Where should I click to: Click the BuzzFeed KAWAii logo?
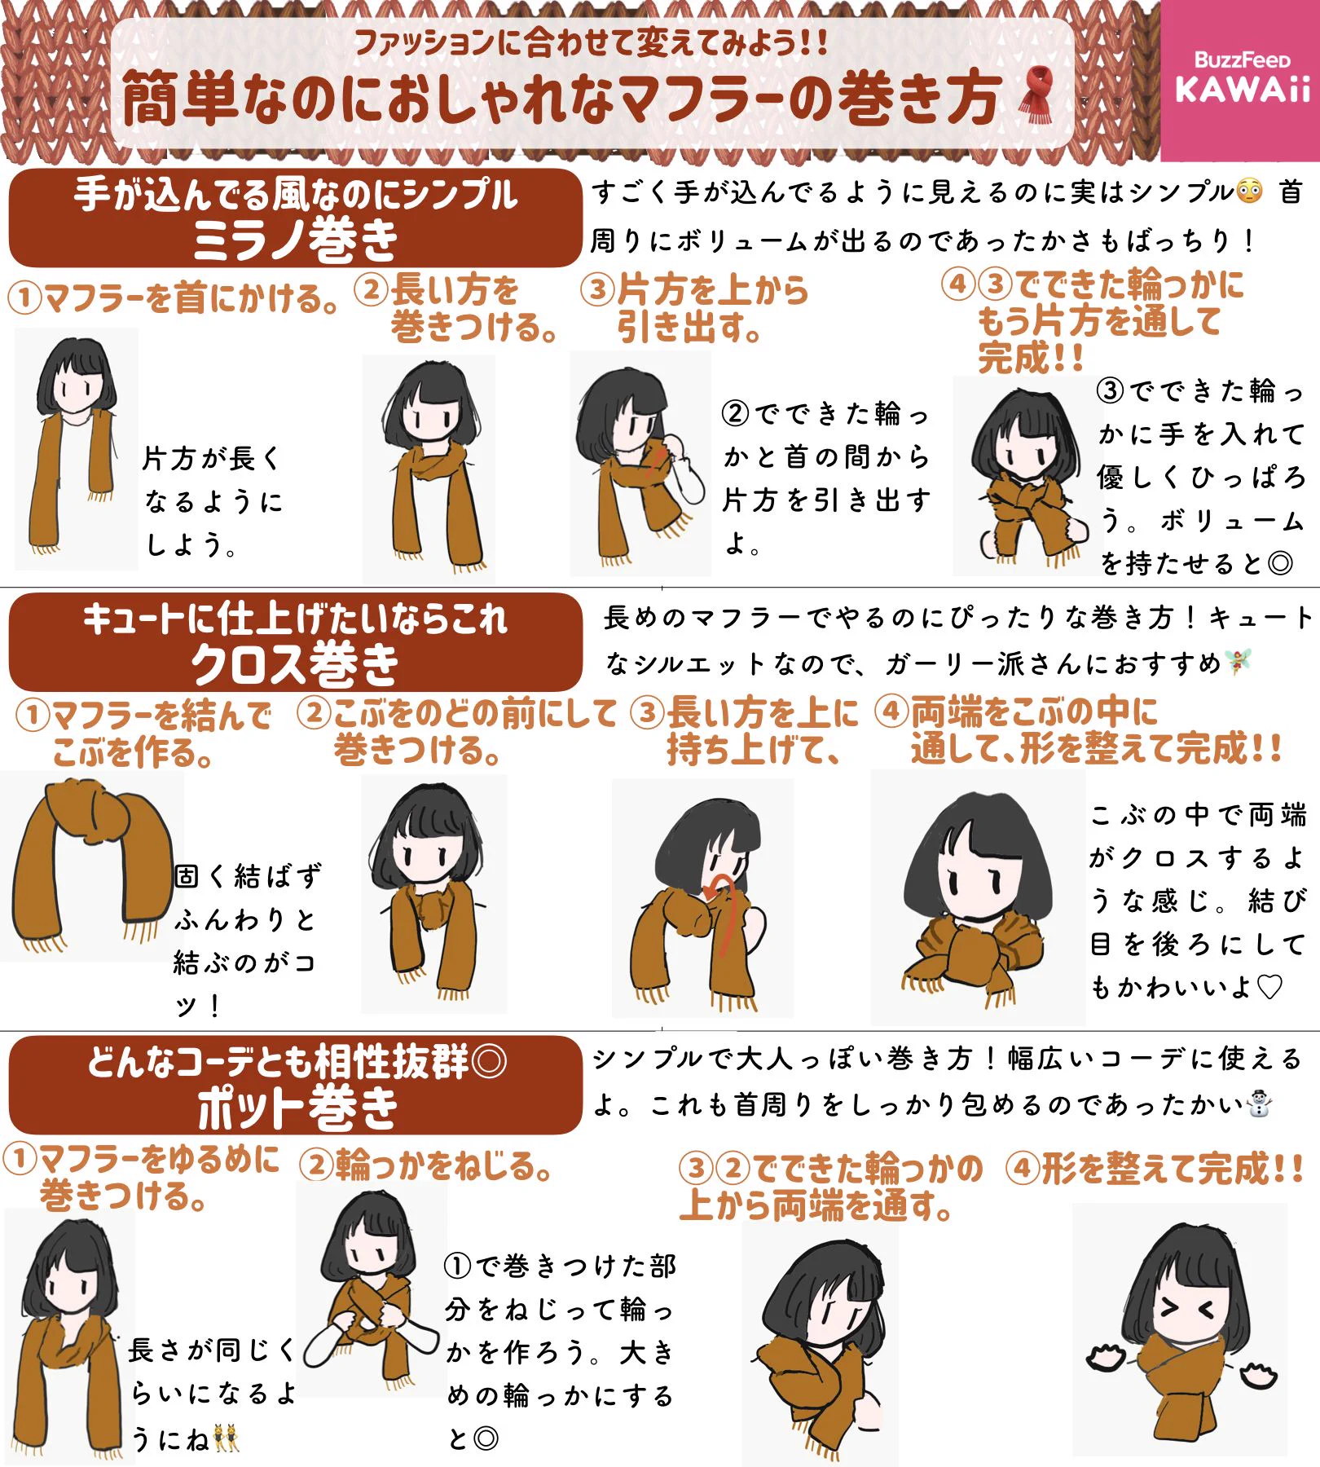(x=1241, y=79)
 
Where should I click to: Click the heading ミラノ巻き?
(x=295, y=240)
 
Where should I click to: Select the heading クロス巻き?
(x=295, y=664)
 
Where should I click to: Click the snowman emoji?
(x=1259, y=1104)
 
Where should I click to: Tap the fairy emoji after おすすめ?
(x=1239, y=662)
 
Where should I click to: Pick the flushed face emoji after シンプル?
(x=1249, y=192)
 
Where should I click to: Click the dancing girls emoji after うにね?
(x=226, y=1438)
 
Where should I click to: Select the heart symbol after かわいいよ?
(x=1269, y=987)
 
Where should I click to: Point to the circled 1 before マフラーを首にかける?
(x=24, y=298)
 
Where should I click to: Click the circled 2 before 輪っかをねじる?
(x=316, y=1165)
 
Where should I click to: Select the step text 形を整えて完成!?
(x=1173, y=1169)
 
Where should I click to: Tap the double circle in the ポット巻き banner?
(x=489, y=1061)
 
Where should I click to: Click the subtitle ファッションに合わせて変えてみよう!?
(x=591, y=42)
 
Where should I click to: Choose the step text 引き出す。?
(x=689, y=328)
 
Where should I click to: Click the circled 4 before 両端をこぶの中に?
(x=891, y=711)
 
